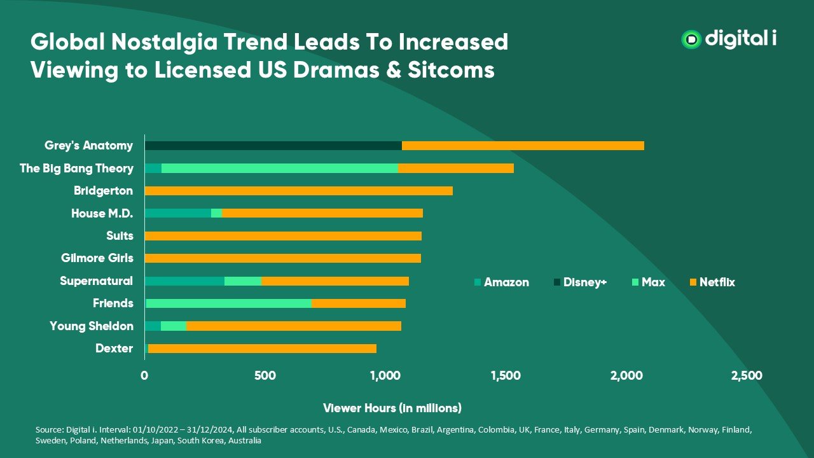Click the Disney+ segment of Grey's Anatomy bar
click(273, 146)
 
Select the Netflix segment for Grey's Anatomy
click(523, 146)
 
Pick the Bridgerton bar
click(299, 191)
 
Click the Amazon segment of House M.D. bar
click(178, 213)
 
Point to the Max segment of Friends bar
click(229, 303)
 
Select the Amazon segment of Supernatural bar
click(184, 281)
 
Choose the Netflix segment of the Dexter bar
click(262, 349)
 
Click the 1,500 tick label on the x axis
click(506, 376)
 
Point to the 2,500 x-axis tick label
click(747, 376)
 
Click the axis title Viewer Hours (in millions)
click(392, 408)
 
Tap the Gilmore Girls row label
click(97, 258)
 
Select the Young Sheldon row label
click(92, 326)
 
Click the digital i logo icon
click(691, 39)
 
